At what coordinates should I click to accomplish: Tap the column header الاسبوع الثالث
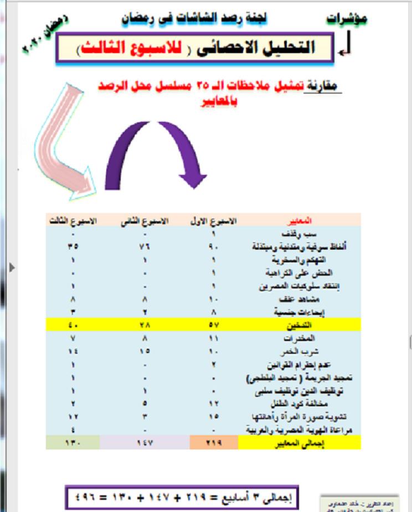pyautogui.click(x=73, y=220)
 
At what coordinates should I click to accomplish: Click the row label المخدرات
pyautogui.click(x=302, y=338)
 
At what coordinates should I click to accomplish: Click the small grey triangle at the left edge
pyautogui.click(x=12, y=267)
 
